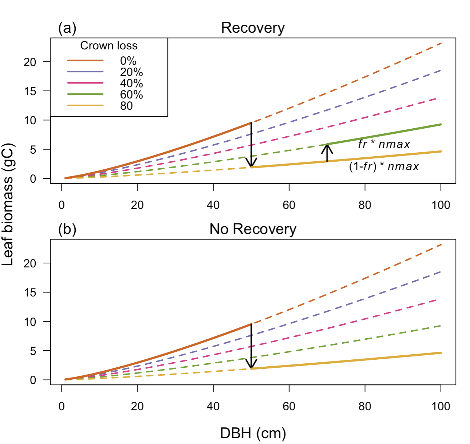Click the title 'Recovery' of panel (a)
253,28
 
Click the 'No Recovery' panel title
253,229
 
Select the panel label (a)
67,28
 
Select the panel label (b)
67,229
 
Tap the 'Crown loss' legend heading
109,46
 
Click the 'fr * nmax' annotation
384,144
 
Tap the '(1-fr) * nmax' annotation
384,166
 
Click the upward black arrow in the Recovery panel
327,153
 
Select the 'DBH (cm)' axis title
253,433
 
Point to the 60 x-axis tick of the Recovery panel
289,205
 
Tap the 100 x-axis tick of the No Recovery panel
441,406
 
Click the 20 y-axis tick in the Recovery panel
30,62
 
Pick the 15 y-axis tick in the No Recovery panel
30,292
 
